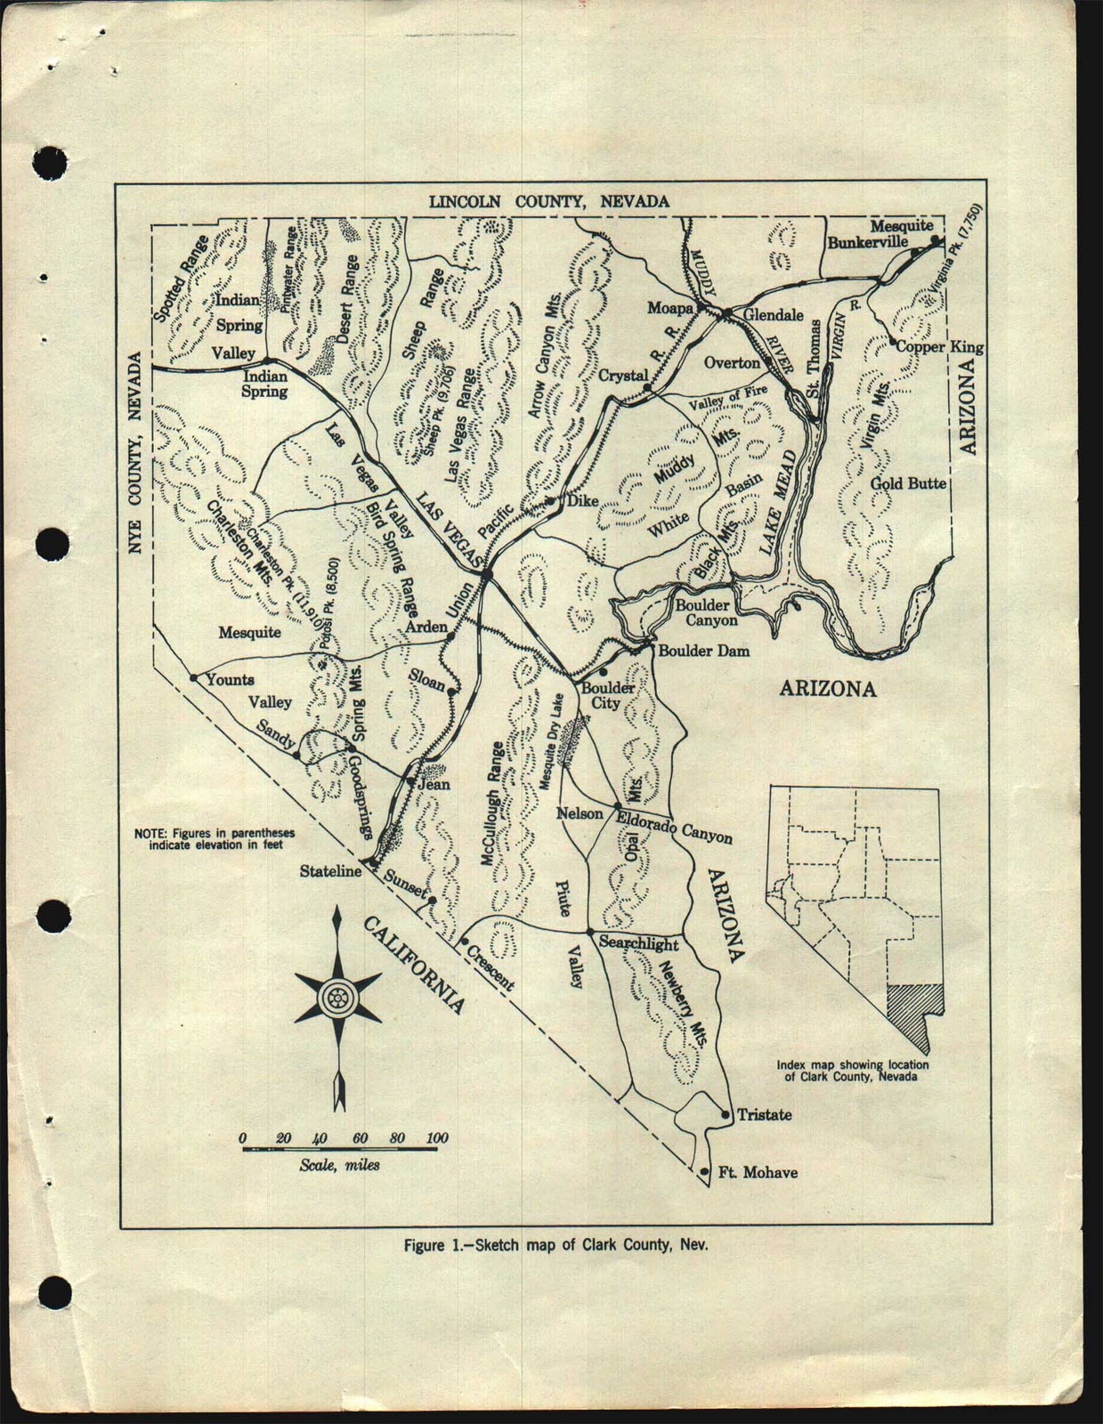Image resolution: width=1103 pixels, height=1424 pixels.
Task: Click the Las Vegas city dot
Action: pyautogui.click(x=486, y=576)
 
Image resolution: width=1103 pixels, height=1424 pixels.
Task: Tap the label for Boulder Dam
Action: pyautogui.click(x=703, y=651)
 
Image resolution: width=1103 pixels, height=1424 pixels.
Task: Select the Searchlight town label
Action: pyautogui.click(x=638, y=943)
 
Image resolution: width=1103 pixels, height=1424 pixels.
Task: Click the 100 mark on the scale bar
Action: pyautogui.click(x=437, y=1138)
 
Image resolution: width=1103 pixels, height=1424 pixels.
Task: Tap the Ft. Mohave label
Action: pyautogui.click(x=758, y=1172)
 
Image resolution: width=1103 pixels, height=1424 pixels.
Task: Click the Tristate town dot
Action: pyautogui.click(x=726, y=1114)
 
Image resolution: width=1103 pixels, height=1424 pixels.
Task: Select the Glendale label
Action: pyautogui.click(x=773, y=315)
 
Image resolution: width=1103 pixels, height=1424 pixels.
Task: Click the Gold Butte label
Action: pyautogui.click(x=908, y=483)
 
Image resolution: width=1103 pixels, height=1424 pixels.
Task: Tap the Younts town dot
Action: pyautogui.click(x=193, y=678)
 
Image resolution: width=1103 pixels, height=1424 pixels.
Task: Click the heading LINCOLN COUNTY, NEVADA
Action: pyautogui.click(x=549, y=201)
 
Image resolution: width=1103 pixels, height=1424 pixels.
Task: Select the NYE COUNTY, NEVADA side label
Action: pyautogui.click(x=134, y=453)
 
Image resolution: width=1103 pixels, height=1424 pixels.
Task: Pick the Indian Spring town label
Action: pyautogui.click(x=264, y=383)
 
